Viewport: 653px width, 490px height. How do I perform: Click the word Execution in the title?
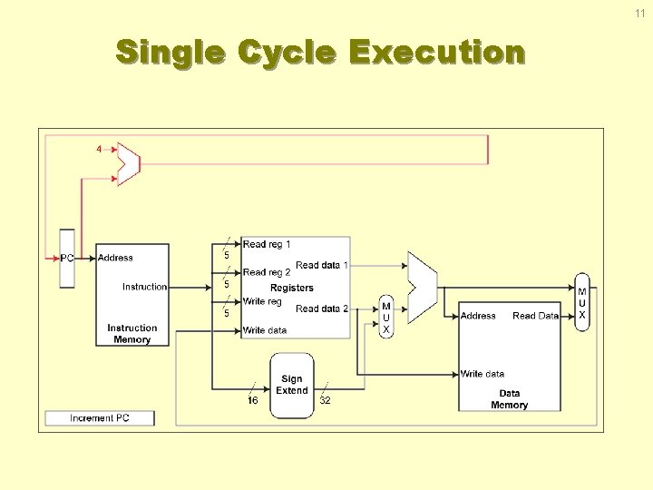point(436,52)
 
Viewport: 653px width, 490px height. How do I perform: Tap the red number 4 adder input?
point(100,149)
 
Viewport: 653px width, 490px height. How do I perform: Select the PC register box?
point(67,258)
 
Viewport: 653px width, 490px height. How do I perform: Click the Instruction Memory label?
point(132,334)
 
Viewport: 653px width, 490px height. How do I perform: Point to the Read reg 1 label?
point(267,244)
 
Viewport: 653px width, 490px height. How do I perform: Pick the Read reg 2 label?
point(267,272)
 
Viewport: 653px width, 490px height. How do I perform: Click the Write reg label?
point(262,301)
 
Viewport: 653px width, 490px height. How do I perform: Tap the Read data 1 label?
point(321,265)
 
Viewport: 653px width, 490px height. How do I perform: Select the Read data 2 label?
point(321,309)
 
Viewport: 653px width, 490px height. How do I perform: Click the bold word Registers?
point(292,288)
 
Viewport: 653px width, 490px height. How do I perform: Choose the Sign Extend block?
point(292,385)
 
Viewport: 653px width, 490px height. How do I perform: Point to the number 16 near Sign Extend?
point(253,400)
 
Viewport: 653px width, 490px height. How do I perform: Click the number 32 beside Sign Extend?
point(326,400)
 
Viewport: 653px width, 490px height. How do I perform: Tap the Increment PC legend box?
point(100,418)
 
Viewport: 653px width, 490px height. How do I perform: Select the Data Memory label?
point(509,399)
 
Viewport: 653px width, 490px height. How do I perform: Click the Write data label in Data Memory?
point(482,374)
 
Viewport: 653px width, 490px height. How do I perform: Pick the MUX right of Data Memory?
point(582,303)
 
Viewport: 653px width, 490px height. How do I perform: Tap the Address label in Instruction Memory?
point(115,258)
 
